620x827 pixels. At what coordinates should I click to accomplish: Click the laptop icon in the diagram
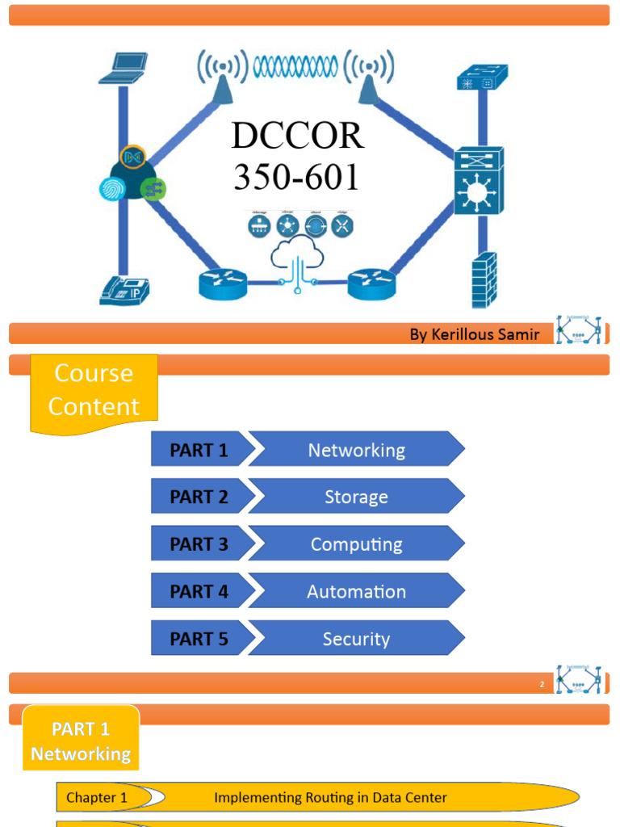(124, 68)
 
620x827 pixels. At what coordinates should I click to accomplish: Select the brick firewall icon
(484, 279)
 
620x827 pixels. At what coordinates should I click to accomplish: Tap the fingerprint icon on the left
(112, 189)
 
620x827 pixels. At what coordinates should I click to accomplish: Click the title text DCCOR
(298, 136)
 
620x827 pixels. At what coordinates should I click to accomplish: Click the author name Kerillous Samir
(474, 334)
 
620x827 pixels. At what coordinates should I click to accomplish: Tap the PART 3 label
(199, 544)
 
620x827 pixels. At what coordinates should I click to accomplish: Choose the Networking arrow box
(356, 450)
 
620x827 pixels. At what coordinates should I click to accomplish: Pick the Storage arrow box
(356, 497)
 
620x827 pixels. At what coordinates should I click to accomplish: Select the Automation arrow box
(356, 592)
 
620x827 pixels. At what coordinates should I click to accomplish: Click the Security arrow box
(356, 639)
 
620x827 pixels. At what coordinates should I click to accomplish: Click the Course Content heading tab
(94, 390)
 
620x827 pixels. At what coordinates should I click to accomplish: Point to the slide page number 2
(542, 685)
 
